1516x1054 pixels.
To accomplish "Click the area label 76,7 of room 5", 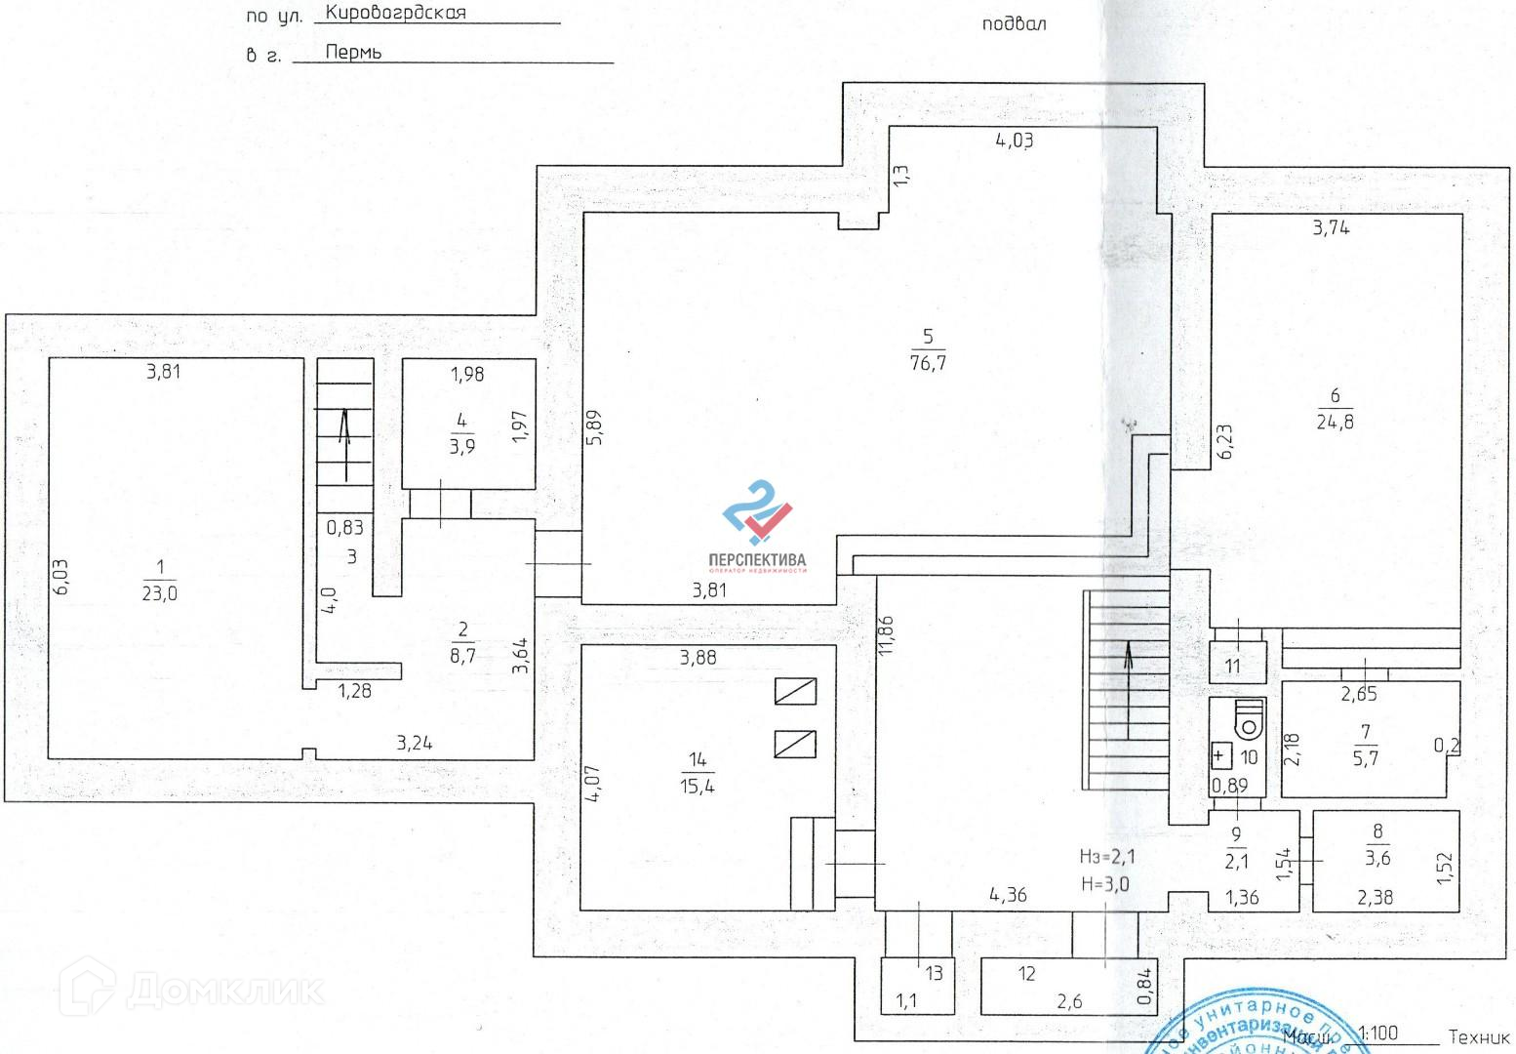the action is [928, 363].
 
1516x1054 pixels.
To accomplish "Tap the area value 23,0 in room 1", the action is [160, 593].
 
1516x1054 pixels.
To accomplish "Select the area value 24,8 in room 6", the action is [1335, 423].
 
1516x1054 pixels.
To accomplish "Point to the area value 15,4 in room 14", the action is [698, 786].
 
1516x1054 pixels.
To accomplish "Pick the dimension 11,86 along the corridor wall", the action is [886, 635].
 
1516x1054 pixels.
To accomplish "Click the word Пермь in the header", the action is [353, 53].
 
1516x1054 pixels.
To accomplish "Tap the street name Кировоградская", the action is [395, 13].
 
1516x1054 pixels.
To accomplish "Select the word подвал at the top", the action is [1014, 23].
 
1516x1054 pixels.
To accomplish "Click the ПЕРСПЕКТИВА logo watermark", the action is [757, 527].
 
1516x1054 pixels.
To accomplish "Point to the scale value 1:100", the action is [1376, 1033].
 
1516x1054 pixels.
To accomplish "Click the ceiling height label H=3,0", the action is [1104, 884].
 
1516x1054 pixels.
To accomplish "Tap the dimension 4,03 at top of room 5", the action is [1014, 141].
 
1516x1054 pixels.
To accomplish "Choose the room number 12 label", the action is [1026, 973].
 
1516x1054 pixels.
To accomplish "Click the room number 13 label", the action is [934, 973].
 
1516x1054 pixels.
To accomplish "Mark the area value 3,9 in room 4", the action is [461, 447].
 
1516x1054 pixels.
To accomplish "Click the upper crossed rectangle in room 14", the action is [795, 691].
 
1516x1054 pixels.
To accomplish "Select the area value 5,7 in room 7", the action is [1366, 757].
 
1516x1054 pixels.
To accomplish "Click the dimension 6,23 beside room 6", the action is [1225, 440].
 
